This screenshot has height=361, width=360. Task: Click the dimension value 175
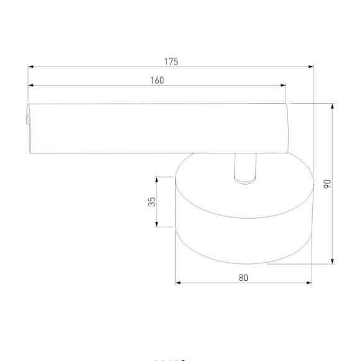point(171,61)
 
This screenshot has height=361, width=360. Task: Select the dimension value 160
point(157,80)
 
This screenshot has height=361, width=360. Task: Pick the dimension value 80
point(243,278)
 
